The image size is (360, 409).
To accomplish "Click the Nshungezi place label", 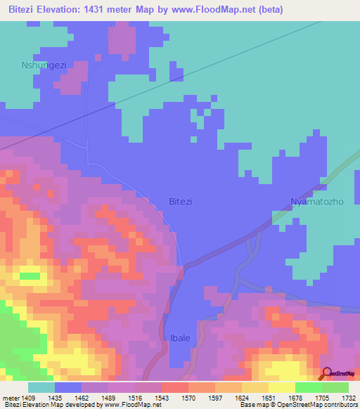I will pyautogui.click(x=44, y=65).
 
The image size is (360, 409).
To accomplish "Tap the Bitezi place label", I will pyautogui.click(x=181, y=202).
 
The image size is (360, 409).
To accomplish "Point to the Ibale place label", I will pyautogui.click(x=180, y=338).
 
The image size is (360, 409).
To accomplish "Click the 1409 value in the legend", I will pyautogui.click(x=34, y=398).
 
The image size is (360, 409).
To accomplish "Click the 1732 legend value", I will pyautogui.click(x=349, y=398).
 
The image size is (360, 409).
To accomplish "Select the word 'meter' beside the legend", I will pyautogui.click(x=13, y=398).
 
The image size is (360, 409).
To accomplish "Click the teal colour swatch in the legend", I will pyautogui.click(x=41, y=387).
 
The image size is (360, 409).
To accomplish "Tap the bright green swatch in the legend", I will pyautogui.click(x=308, y=387).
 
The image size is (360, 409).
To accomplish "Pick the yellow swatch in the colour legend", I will pyautogui.click(x=281, y=387).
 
